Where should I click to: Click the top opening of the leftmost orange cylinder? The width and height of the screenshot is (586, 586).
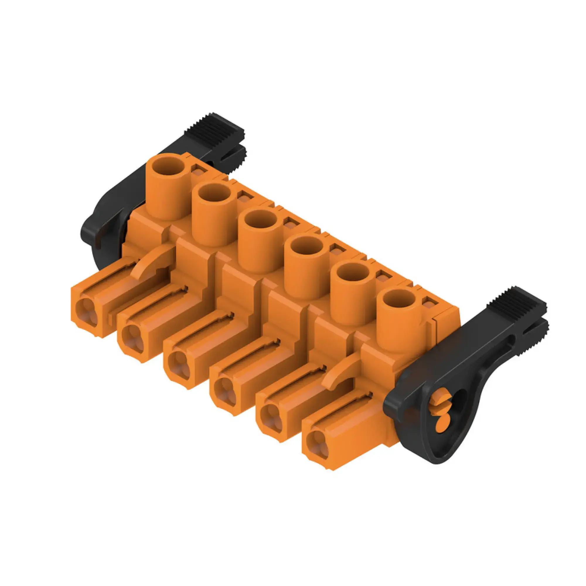click(x=168, y=166)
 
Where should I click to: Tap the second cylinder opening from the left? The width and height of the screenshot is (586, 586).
click(x=214, y=194)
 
